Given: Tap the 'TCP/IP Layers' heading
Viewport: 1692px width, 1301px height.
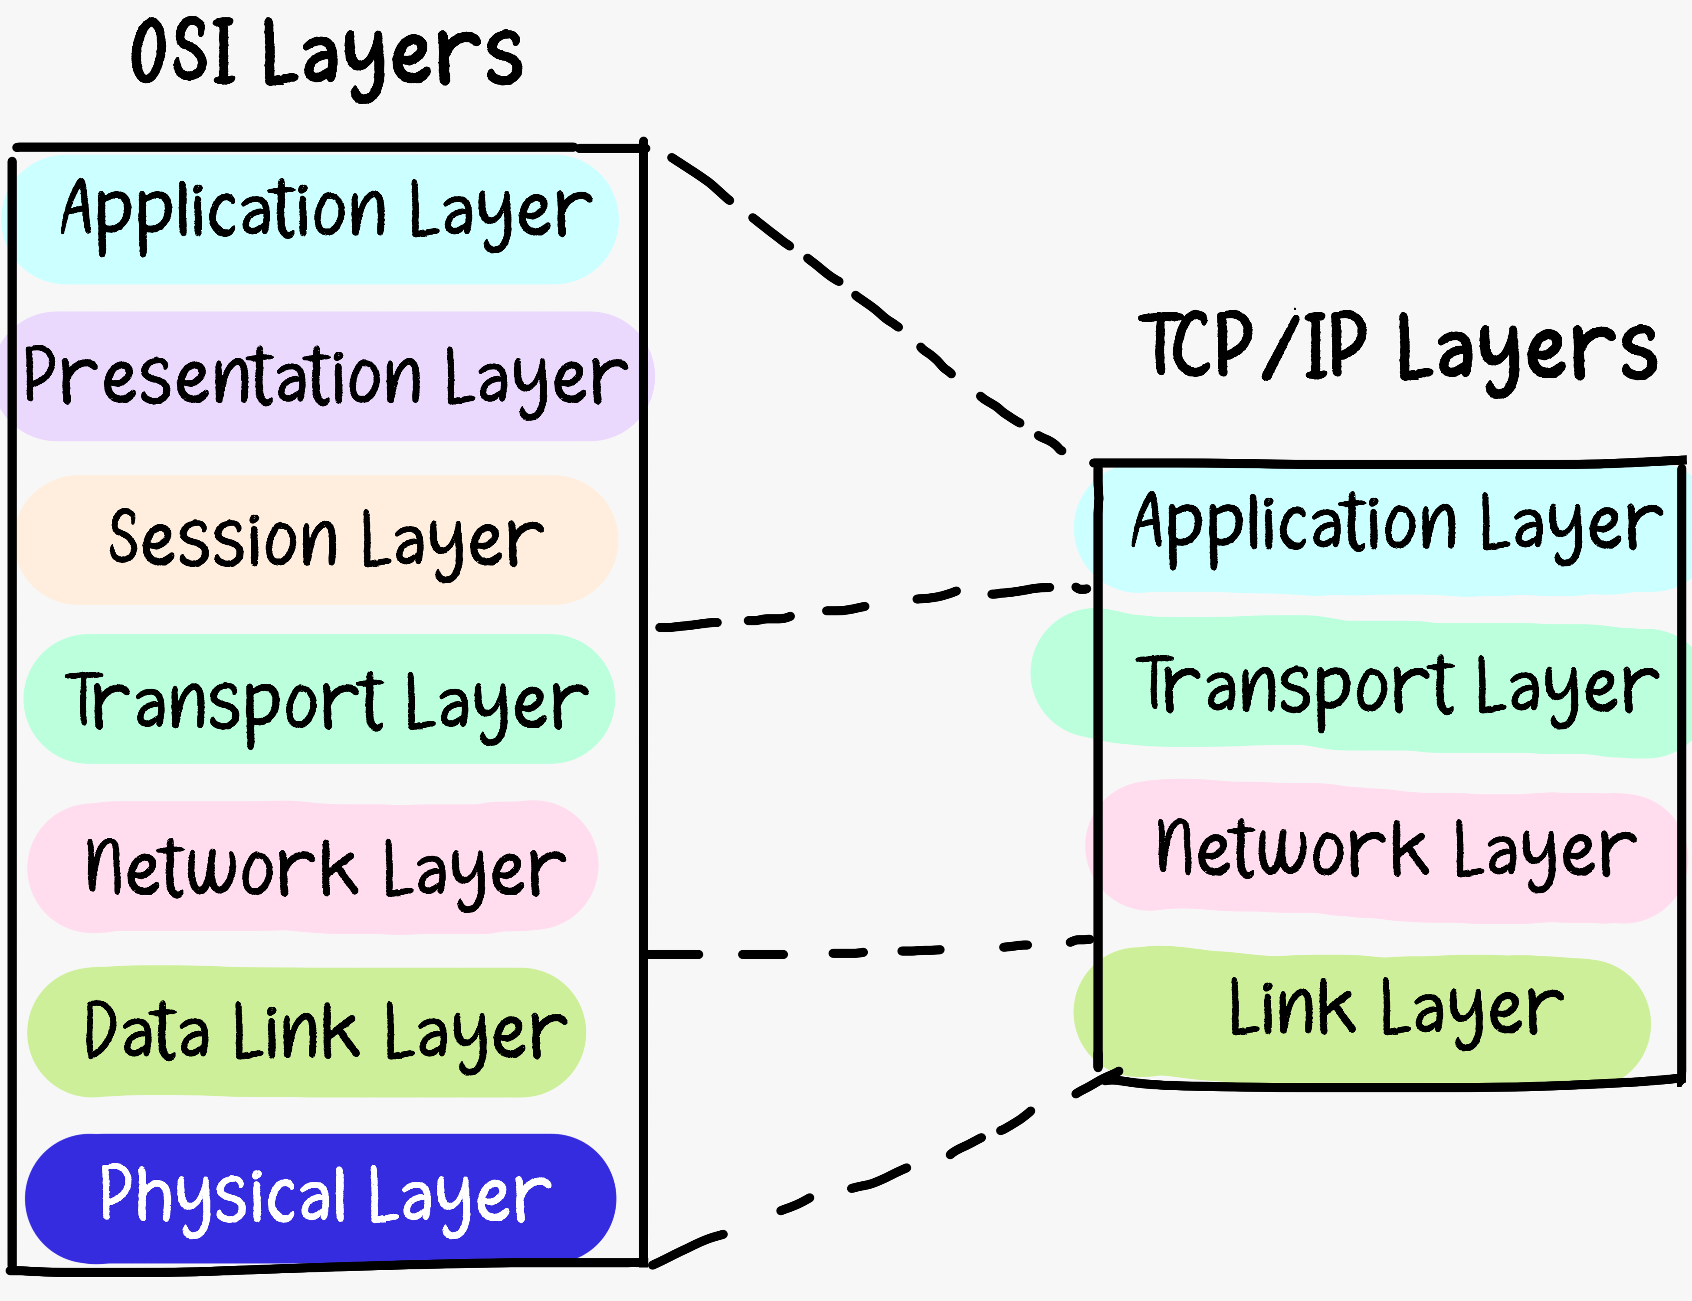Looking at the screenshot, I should pos(1398,349).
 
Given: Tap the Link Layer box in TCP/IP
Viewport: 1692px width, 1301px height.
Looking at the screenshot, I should pos(1364,1014).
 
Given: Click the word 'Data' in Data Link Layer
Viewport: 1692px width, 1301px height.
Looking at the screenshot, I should pos(147,1032).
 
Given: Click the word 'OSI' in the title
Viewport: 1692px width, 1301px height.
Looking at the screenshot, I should pos(183,52).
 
